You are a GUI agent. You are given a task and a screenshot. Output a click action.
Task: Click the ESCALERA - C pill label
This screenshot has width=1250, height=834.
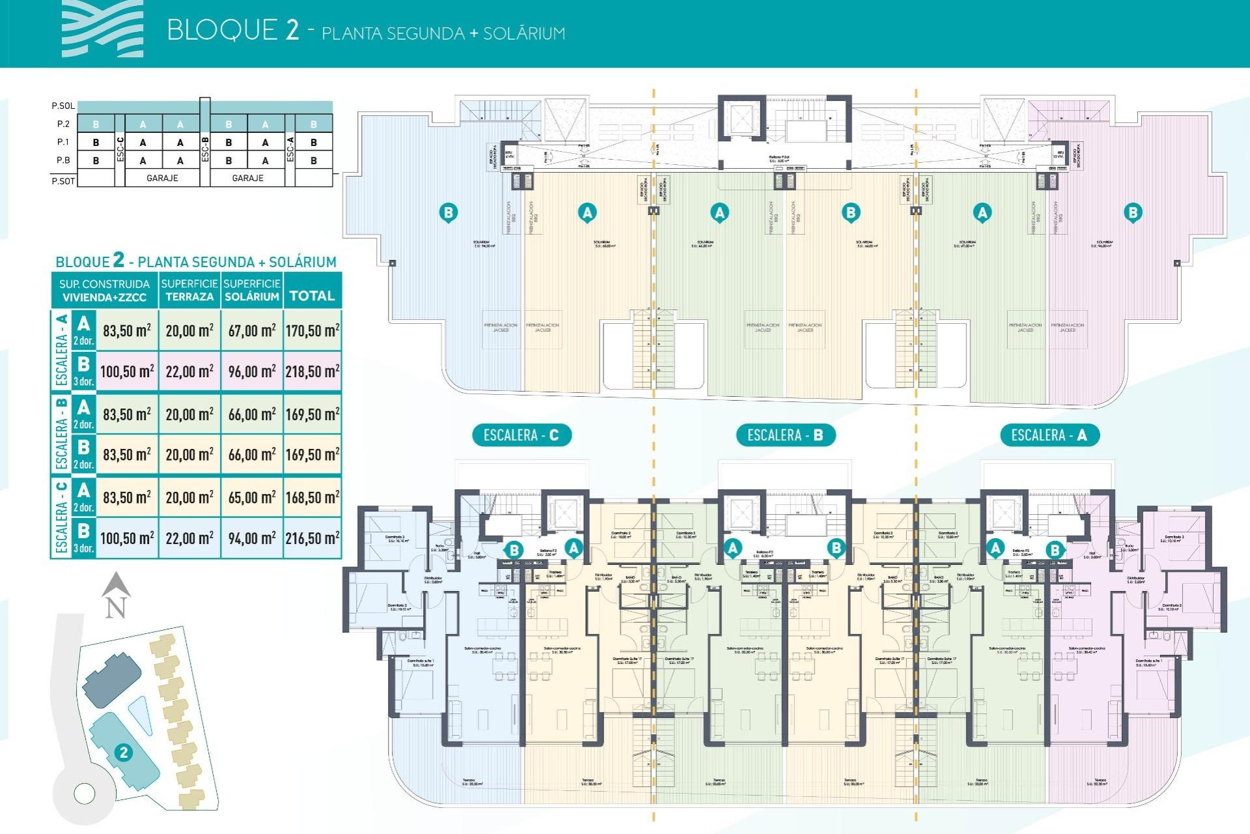(521, 435)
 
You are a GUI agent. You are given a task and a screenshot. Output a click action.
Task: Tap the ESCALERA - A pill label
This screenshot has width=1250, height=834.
(1049, 435)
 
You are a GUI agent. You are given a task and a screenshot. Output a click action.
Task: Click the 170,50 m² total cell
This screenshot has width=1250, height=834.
(312, 330)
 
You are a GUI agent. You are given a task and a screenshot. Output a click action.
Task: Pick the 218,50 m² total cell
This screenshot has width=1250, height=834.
(312, 371)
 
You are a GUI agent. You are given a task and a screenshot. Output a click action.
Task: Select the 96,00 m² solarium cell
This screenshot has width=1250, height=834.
(252, 371)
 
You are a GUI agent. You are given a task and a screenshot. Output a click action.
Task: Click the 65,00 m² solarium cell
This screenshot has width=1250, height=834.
(252, 497)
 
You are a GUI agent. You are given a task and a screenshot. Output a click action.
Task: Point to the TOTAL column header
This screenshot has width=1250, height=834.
(312, 296)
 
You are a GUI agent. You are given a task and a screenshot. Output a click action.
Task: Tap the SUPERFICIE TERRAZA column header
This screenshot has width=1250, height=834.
(189, 290)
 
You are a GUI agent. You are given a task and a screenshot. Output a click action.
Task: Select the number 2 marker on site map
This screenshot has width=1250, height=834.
(124, 753)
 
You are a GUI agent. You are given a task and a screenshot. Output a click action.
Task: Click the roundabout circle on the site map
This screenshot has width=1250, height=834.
(85, 793)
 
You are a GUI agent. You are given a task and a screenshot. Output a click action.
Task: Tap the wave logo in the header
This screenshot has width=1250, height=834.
(102, 29)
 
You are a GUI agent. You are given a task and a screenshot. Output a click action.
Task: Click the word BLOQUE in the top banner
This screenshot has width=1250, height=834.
(222, 31)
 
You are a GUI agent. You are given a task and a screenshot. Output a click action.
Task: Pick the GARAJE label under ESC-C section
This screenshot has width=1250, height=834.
(162, 178)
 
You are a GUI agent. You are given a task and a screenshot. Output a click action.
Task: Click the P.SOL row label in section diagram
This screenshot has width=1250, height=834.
(63, 106)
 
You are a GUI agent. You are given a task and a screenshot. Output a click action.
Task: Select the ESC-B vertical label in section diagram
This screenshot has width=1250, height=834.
(205, 149)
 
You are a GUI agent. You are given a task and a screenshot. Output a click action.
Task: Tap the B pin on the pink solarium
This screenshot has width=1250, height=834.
(1133, 212)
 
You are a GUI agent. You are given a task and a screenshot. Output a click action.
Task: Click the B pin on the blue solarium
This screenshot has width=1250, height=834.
(448, 212)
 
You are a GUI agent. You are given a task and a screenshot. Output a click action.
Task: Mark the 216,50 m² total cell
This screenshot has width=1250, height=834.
(312, 538)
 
